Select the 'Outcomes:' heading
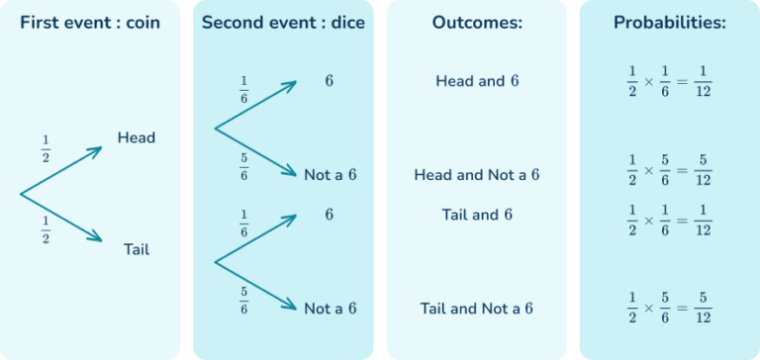pyautogui.click(x=476, y=22)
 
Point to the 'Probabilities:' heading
pyautogui.click(x=669, y=22)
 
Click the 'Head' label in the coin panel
pyautogui.click(x=136, y=137)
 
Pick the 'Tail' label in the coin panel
pyautogui.click(x=136, y=249)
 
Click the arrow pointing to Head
pyautogui.click(x=62, y=170)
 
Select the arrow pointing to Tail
pyautogui.click(x=62, y=218)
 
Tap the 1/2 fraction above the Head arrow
pyautogui.click(x=46, y=148)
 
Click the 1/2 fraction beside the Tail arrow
pyautogui.click(x=46, y=229)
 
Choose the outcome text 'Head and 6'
pyautogui.click(x=477, y=81)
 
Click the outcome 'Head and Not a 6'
pyautogui.click(x=477, y=175)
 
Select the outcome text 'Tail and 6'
pyautogui.click(x=477, y=214)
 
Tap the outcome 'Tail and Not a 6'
pyautogui.click(x=477, y=309)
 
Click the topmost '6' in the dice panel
pyautogui.click(x=329, y=81)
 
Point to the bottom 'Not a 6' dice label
pyautogui.click(x=331, y=309)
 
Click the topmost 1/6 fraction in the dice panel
pyautogui.click(x=243, y=89)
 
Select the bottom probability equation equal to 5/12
pyautogui.click(x=669, y=309)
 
